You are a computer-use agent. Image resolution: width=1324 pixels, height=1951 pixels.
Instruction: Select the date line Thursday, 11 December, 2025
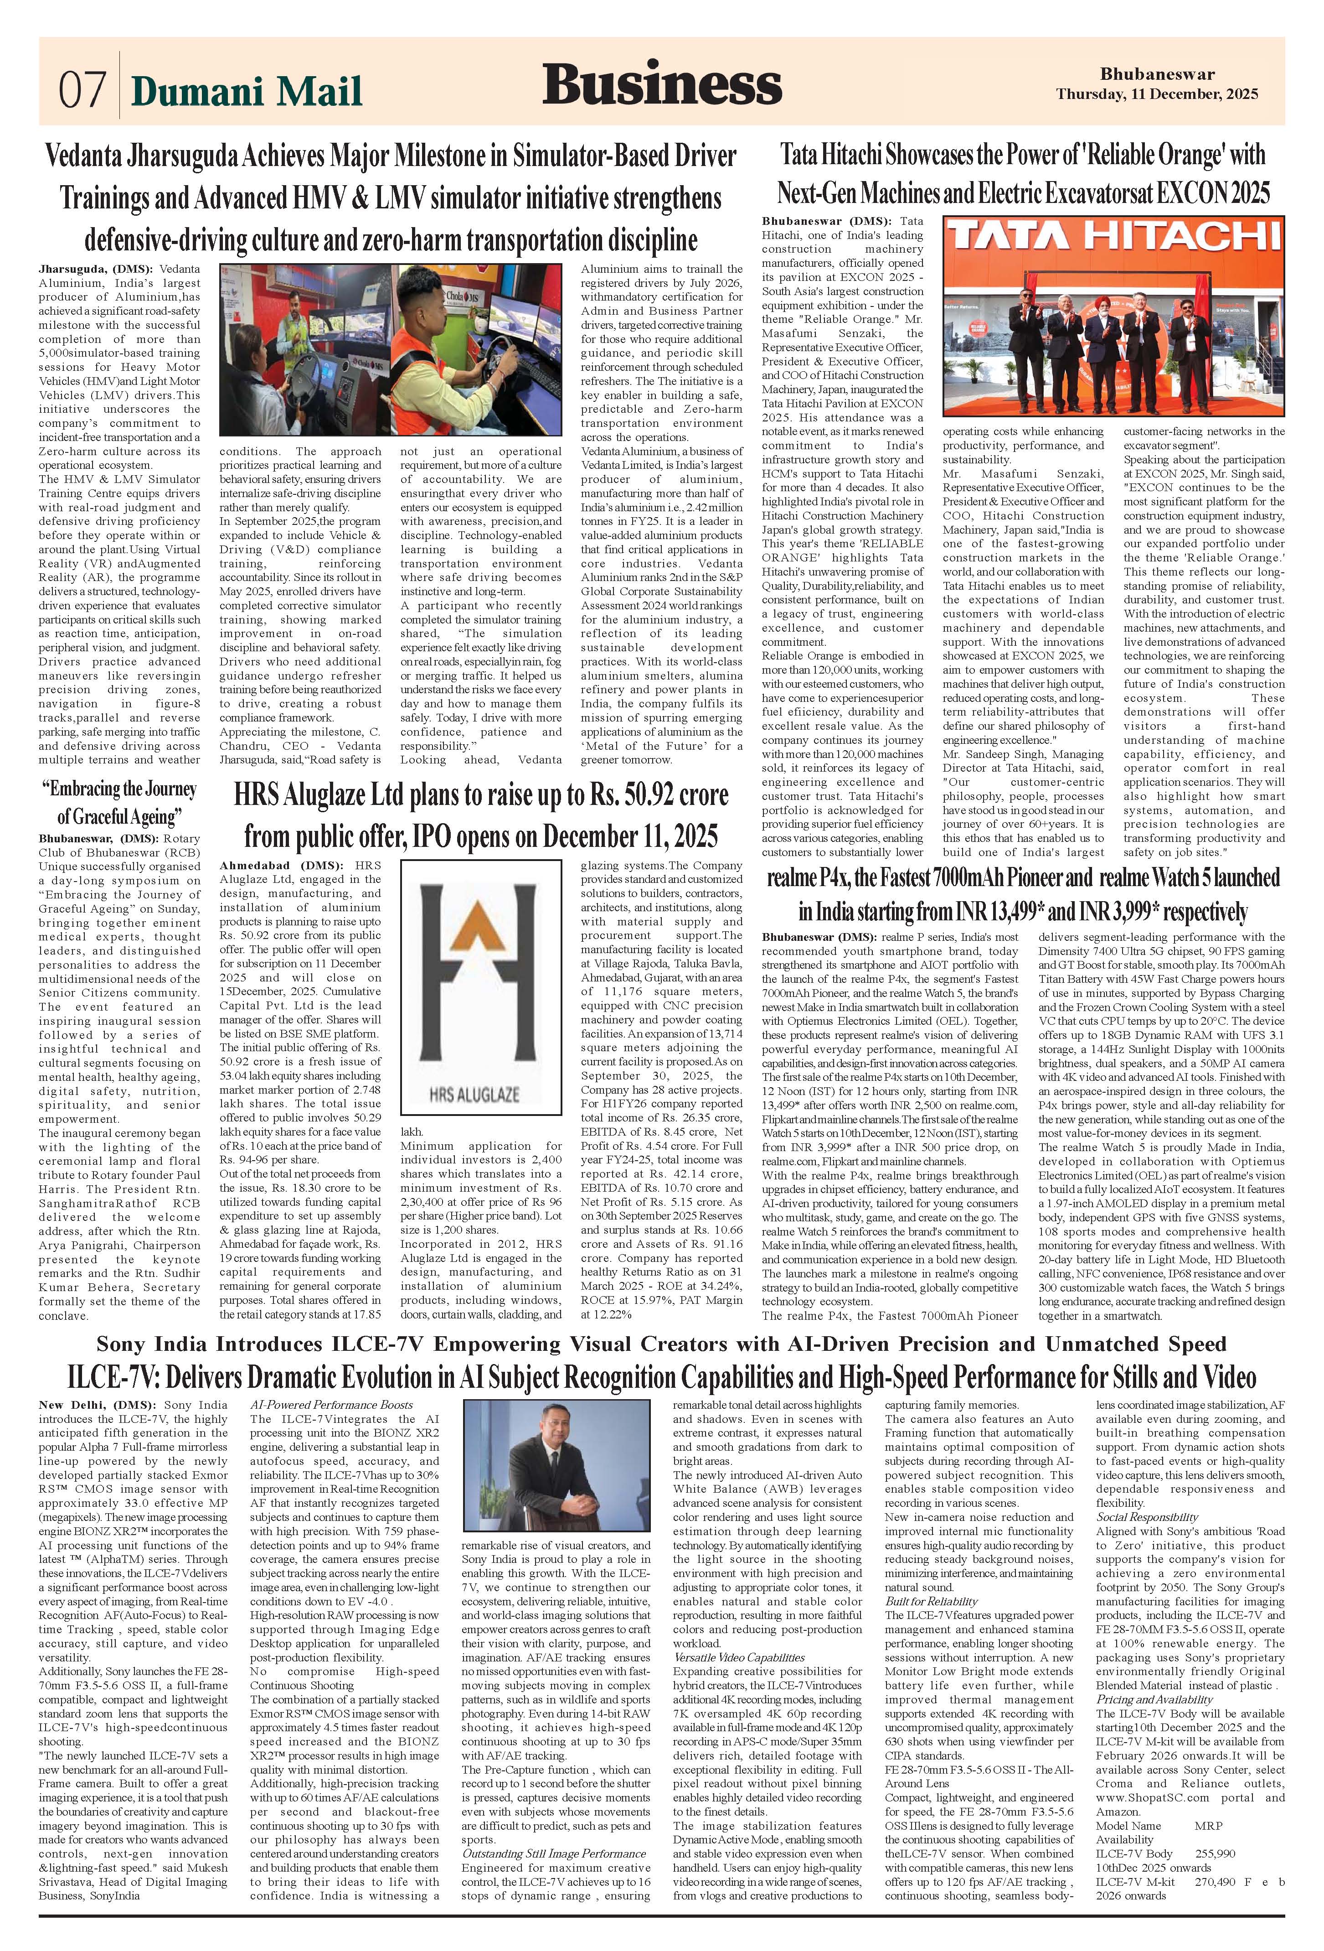coord(1156,94)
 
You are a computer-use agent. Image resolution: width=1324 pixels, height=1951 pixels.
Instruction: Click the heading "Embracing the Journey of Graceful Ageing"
coord(119,802)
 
